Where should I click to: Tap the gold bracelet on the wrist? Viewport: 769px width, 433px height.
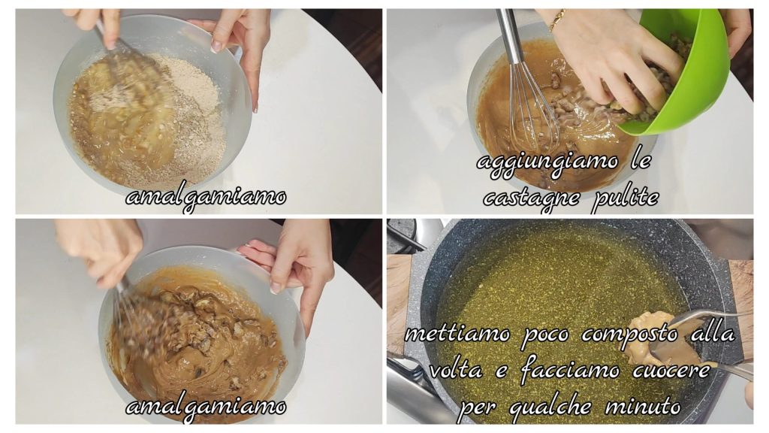557,20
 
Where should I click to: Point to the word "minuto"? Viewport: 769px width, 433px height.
643,407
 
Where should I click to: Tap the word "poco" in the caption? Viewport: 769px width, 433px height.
546,336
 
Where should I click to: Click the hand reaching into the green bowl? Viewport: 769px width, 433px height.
613,59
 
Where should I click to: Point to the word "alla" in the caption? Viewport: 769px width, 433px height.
713,334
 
